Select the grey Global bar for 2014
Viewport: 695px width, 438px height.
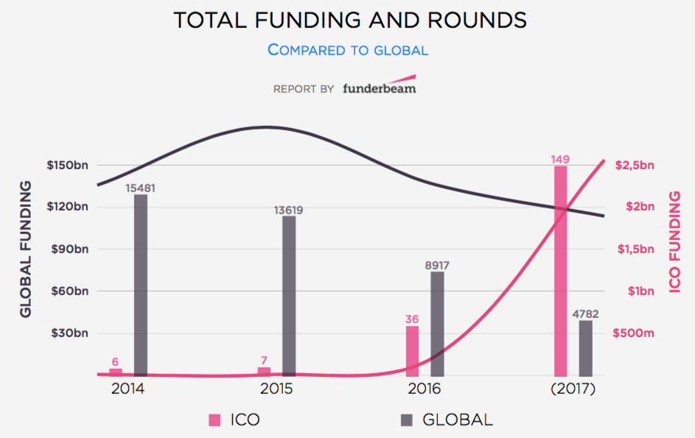click(141, 284)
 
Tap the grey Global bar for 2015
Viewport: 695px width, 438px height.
click(289, 295)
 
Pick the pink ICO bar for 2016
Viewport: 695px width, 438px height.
click(412, 350)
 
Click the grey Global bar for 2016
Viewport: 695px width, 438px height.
click(437, 323)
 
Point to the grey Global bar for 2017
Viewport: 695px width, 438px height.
click(586, 347)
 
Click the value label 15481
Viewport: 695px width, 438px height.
click(141, 188)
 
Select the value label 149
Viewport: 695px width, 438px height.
click(560, 160)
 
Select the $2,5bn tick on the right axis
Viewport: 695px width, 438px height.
click(635, 165)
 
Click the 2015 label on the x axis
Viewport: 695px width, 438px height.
click(276, 388)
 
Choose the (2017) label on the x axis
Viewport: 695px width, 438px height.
click(573, 388)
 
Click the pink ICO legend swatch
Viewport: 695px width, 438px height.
click(214, 420)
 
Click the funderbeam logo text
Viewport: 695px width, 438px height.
click(379, 88)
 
